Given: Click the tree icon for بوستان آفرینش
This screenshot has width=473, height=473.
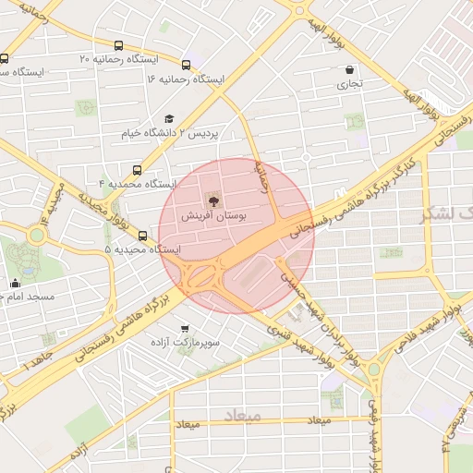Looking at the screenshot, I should [x=213, y=200].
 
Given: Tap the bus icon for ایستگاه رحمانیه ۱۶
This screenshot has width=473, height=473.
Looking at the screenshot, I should [x=187, y=65].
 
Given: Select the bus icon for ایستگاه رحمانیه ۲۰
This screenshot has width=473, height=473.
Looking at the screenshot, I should [x=118, y=45].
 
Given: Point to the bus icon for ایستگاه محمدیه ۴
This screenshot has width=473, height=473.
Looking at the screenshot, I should [x=137, y=170].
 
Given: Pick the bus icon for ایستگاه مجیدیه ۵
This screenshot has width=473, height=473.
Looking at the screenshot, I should [x=142, y=236].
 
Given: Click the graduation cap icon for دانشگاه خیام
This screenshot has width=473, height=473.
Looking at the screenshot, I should [x=168, y=119].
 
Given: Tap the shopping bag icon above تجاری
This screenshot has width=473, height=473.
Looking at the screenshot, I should [x=349, y=69].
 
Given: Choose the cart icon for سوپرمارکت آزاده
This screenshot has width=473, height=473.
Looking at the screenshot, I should [x=186, y=328].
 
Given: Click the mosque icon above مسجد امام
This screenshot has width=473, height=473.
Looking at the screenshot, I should [x=15, y=284].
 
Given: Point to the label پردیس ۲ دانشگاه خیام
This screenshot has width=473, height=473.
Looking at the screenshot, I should [x=170, y=134].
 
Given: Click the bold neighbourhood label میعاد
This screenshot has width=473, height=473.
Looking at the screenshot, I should [x=269, y=418].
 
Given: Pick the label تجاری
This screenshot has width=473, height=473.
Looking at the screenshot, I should [x=349, y=84].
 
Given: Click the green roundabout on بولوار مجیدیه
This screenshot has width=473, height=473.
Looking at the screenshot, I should [x=36, y=235].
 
